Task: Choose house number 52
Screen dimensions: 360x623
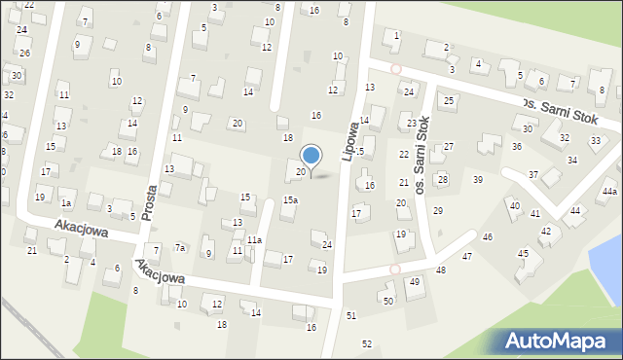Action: pyautogui.click(x=366, y=343)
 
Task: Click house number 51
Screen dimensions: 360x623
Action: pyautogui.click(x=350, y=315)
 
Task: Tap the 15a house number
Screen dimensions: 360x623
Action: pyautogui.click(x=290, y=199)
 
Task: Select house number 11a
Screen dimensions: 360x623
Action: pyautogui.click(x=254, y=239)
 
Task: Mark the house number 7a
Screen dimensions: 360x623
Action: pyautogui.click(x=180, y=248)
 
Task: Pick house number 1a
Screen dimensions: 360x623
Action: pyautogui.click(x=66, y=203)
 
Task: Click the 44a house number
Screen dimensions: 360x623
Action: pyautogui.click(x=609, y=192)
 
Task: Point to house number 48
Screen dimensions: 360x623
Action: pyautogui.click(x=441, y=270)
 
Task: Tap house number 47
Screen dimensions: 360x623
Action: pyautogui.click(x=467, y=256)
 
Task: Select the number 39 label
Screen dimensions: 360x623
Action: pyautogui.click(x=477, y=179)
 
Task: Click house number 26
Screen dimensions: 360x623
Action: pyautogui.click(x=24, y=53)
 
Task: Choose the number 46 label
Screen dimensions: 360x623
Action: pyautogui.click(x=487, y=236)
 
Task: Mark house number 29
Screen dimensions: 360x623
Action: pyautogui.click(x=438, y=210)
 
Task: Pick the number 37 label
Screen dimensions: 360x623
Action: pyautogui.click(x=532, y=174)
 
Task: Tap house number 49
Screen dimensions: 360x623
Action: pyautogui.click(x=415, y=281)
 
